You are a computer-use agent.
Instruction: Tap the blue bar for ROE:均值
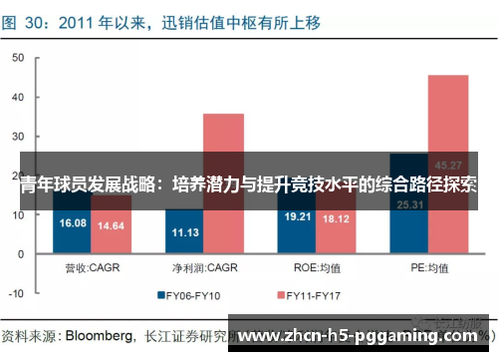click(297, 227)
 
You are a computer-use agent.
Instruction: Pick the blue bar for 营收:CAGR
click(74, 229)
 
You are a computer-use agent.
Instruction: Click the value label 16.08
click(74, 222)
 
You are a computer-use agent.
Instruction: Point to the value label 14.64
click(111, 226)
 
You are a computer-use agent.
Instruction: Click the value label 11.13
click(185, 232)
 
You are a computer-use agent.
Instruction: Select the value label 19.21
click(297, 215)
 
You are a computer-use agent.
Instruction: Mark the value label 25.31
click(409, 204)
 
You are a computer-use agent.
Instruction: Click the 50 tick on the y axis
click(17, 59)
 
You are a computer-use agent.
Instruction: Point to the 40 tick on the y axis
click(17, 98)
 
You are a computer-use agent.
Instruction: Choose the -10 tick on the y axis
click(15, 294)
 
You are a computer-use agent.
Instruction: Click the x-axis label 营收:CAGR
click(92, 267)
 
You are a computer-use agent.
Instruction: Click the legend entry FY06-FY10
click(195, 295)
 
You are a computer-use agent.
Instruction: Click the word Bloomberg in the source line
click(99, 333)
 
